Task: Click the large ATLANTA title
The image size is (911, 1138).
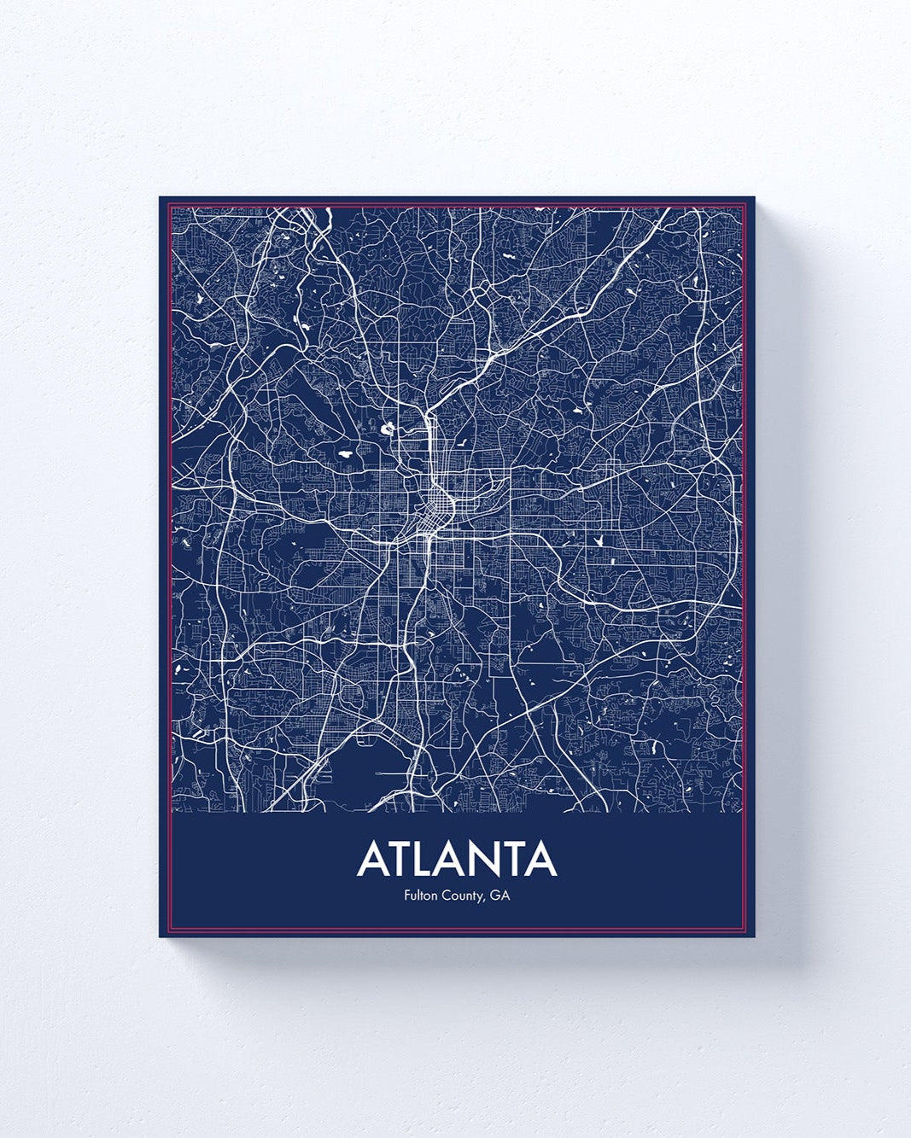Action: [457, 860]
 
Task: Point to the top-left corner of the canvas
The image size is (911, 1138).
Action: [161, 198]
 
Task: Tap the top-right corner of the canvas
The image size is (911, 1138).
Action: [755, 198]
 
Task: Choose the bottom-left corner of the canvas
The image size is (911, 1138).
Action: [161, 937]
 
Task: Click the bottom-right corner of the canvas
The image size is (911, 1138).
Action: [755, 937]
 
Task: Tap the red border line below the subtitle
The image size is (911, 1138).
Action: [457, 929]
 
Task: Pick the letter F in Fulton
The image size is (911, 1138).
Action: [406, 896]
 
